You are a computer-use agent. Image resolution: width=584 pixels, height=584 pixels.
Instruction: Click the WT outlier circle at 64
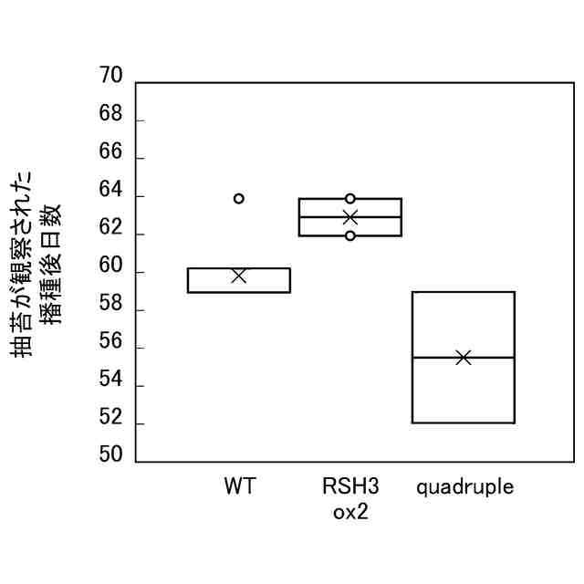(239, 199)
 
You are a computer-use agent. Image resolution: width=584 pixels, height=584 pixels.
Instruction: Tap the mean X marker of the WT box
(239, 276)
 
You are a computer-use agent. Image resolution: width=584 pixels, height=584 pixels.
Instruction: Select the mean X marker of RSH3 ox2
(350, 217)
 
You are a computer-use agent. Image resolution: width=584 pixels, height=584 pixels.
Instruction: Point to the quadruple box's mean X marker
(464, 357)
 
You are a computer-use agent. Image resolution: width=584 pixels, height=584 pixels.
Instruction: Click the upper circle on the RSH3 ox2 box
(350, 199)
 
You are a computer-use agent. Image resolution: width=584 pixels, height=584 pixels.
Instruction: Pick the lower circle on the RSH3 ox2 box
(350, 236)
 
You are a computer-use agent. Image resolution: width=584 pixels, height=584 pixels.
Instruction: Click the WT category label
(239, 486)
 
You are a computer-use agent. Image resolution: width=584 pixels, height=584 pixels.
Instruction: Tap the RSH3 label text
(350, 486)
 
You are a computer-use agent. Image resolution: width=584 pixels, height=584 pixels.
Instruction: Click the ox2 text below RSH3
(350, 512)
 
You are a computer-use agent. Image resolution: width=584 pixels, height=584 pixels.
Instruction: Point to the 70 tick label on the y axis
(109, 76)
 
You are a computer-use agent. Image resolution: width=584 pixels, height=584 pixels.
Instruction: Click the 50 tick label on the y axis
(109, 455)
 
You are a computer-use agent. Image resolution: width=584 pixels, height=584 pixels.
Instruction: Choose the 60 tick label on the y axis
(109, 266)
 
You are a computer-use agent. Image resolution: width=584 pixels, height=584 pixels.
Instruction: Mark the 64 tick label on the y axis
(109, 190)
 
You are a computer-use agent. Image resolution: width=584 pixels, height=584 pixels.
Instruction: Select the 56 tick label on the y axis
(109, 341)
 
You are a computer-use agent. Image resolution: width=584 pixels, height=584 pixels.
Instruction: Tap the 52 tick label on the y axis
(109, 417)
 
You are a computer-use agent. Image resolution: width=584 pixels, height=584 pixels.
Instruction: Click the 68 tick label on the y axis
(109, 114)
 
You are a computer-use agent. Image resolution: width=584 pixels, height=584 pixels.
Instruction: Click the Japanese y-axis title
(40, 265)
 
